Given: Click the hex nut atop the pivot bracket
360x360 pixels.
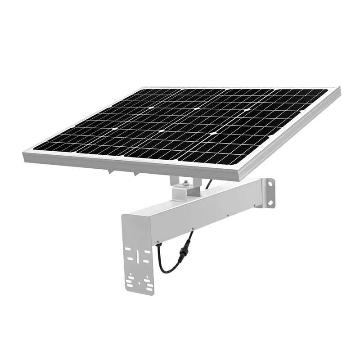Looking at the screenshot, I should pos(185,183).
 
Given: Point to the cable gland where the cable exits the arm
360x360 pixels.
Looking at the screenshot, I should pos(158,243).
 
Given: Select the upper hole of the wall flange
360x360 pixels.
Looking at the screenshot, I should pos(271,183).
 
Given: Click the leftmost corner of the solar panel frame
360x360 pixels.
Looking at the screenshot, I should pos(23,154).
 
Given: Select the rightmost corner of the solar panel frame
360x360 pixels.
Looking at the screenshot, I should pos(340,90).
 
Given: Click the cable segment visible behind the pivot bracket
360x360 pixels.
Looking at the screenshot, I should pos(208,183).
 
